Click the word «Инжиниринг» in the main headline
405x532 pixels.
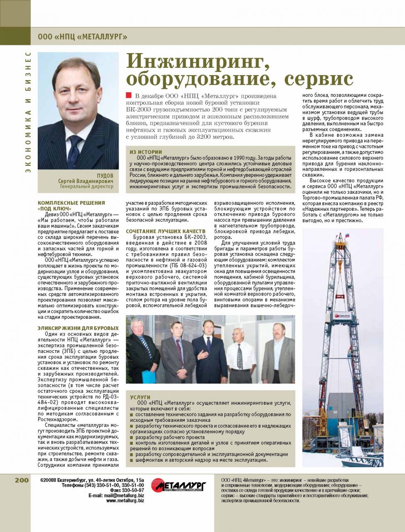tap(195, 62)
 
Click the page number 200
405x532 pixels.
tap(22, 480)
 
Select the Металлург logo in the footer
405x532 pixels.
tap(179, 485)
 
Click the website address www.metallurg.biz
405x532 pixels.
tap(125, 501)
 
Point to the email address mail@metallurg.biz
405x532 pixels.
tap(124, 495)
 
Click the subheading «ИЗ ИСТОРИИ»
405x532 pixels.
tap(146, 152)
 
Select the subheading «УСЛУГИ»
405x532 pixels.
tap(140, 397)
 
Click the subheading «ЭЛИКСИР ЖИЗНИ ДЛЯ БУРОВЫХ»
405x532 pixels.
tap(78, 328)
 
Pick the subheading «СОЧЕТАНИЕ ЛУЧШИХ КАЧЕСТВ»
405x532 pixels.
tap(166, 231)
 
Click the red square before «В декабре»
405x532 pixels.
tap(129, 96)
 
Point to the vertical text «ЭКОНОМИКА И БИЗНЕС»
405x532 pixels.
tap(28, 112)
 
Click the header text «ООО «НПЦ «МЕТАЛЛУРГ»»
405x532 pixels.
tap(82, 37)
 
